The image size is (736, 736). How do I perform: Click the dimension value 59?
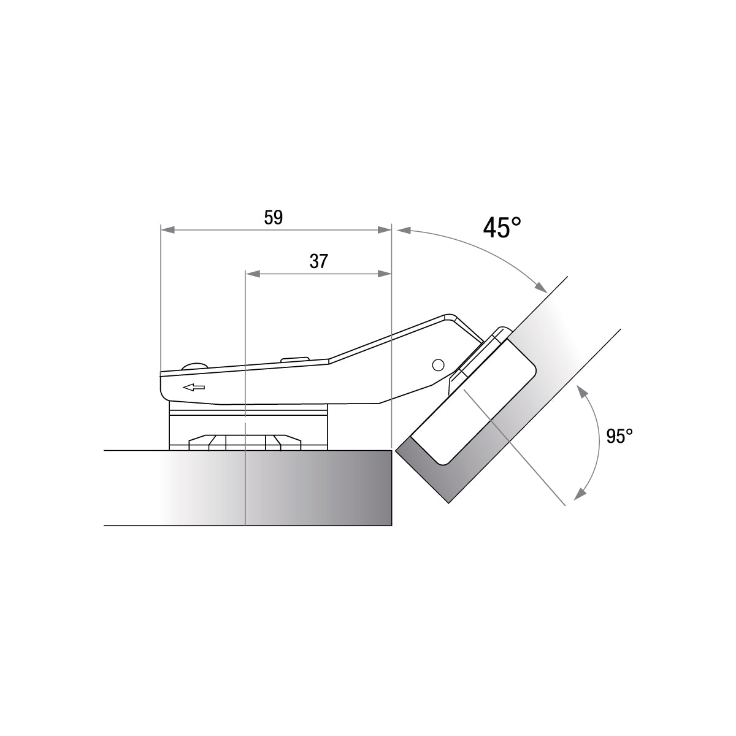point(274,218)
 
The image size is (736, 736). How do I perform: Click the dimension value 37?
point(318,261)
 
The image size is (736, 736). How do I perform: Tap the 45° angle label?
point(502,228)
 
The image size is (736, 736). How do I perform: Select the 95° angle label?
point(619,436)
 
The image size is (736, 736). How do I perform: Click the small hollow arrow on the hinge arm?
point(194,388)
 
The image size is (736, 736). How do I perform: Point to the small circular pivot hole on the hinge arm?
point(438,365)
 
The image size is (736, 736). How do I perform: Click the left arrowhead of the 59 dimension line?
point(168,230)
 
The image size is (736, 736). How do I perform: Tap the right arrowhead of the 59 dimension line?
point(384,230)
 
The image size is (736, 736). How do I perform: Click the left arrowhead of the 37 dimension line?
point(253,274)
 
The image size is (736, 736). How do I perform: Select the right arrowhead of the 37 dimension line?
point(384,274)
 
